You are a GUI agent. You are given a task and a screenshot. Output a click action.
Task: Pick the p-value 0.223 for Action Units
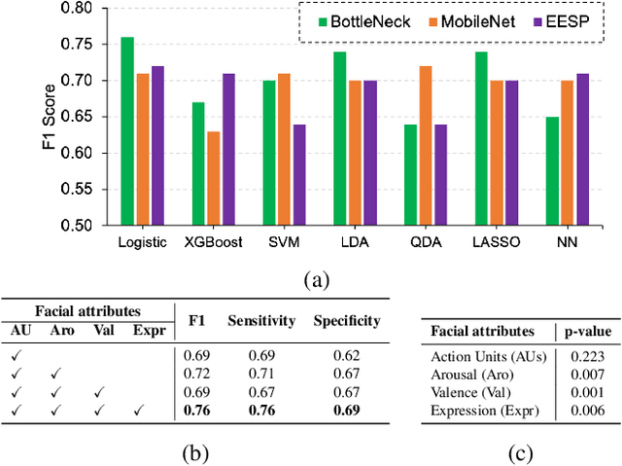tap(583, 356)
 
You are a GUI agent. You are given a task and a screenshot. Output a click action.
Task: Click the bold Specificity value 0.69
tap(345, 410)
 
